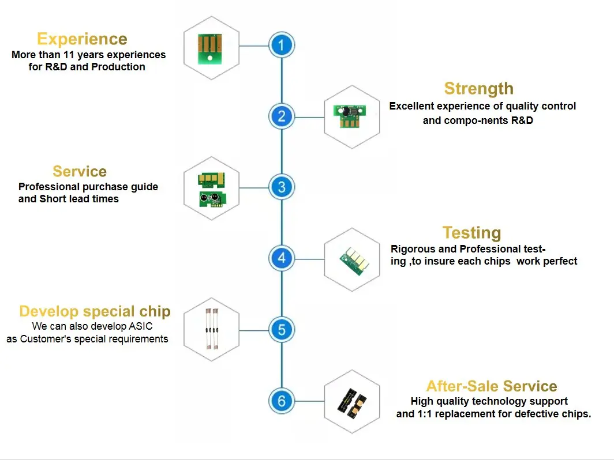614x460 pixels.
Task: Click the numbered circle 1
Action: click(x=282, y=45)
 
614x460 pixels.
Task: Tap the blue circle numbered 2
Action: click(x=282, y=116)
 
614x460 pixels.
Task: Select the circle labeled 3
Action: click(x=282, y=187)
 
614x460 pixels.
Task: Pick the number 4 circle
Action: click(x=282, y=258)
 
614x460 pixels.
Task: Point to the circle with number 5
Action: click(x=282, y=329)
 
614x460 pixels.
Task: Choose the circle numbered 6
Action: click(x=282, y=401)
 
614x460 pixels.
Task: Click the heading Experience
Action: click(x=82, y=39)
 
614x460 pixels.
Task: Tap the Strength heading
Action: click(x=478, y=89)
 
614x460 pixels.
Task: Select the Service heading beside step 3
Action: click(x=80, y=171)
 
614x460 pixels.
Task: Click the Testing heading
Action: click(x=472, y=233)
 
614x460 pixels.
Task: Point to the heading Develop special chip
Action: click(x=95, y=311)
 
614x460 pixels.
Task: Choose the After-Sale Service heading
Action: click(x=492, y=386)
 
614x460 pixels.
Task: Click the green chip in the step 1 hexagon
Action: click(x=210, y=49)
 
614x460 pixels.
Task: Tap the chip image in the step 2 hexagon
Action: click(x=350, y=116)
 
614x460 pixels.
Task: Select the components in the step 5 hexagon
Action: click(x=212, y=329)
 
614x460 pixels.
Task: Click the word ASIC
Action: click(x=141, y=326)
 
